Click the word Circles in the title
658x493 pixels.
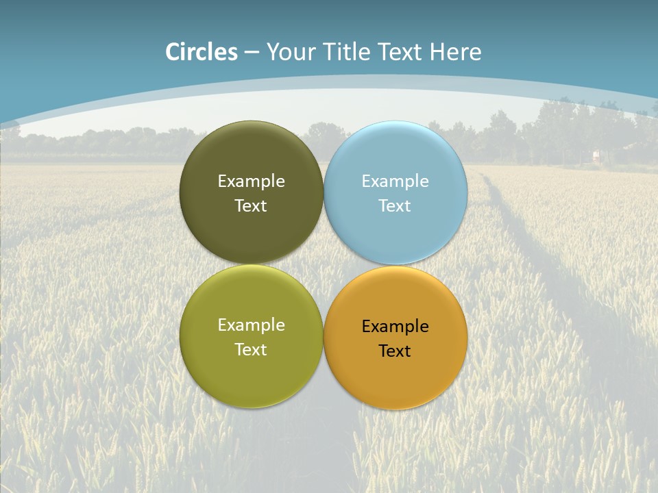[202, 52]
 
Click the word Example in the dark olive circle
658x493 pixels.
[251, 181]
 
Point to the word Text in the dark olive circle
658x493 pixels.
[251, 205]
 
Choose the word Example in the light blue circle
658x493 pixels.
[395, 181]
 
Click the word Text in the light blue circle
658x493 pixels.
[395, 205]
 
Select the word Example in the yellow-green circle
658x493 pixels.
[251, 325]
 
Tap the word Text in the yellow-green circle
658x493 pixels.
[251, 349]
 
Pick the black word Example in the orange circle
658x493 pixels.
[395, 326]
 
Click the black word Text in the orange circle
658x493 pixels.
[395, 351]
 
